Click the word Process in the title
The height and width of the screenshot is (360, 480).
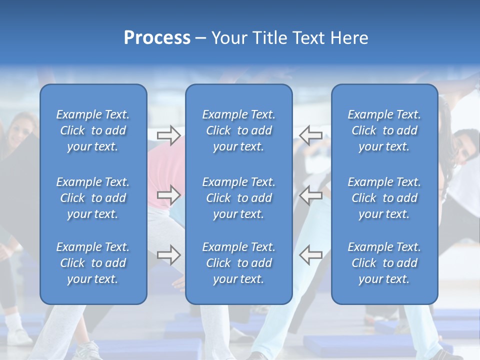(157, 38)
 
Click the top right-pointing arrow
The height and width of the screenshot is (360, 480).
(168, 135)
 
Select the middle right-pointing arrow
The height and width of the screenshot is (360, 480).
(168, 195)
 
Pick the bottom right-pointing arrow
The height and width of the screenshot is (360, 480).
(168, 255)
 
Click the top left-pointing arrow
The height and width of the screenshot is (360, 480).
(310, 135)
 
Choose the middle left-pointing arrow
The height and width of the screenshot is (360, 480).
(310, 195)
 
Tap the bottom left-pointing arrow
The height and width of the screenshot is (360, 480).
(310, 255)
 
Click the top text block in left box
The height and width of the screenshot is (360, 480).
(93, 130)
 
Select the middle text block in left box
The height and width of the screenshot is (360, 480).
(93, 198)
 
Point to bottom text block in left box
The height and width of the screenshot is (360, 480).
(93, 263)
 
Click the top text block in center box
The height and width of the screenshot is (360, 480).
(238, 130)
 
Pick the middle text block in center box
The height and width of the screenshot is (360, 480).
(238, 198)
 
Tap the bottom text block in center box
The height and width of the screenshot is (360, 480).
(238, 263)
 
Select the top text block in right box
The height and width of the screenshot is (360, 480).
(384, 130)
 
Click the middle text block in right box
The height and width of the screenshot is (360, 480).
(384, 198)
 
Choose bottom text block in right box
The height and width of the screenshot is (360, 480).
(384, 263)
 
